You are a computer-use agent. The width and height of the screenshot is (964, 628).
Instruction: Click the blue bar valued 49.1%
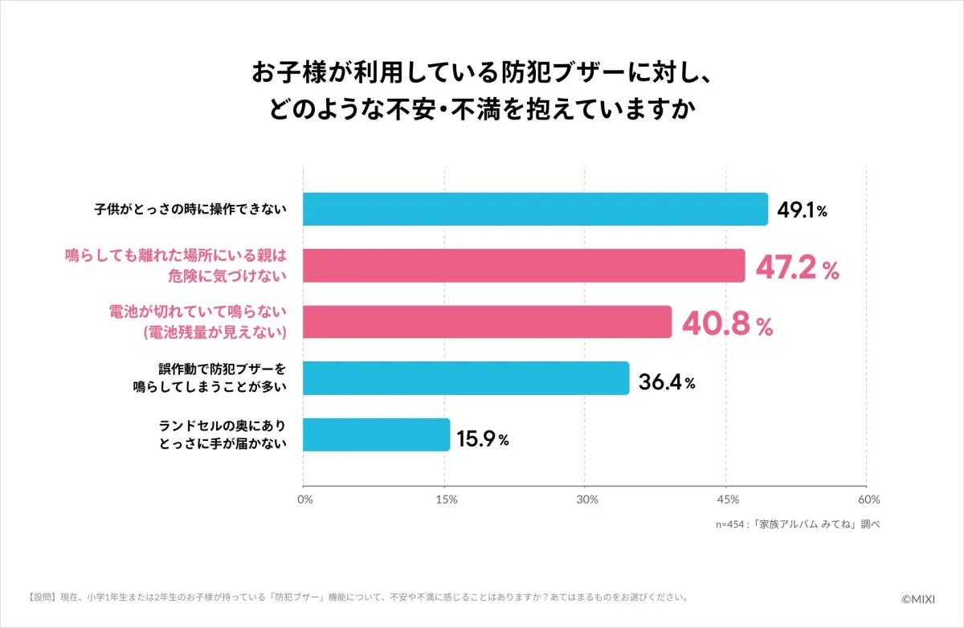point(535,210)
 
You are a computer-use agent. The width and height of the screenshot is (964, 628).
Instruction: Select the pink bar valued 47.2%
point(524,266)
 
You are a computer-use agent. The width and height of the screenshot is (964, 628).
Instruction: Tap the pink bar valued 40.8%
point(487,322)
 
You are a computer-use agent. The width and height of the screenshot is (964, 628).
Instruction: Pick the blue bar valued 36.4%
point(466,378)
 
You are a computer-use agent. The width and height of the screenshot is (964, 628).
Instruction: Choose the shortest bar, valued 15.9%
point(376,434)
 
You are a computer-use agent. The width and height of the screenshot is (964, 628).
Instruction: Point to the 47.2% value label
point(798,268)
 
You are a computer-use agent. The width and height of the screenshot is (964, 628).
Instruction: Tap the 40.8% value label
point(727,324)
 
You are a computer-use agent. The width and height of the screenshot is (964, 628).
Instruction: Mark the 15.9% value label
point(483,439)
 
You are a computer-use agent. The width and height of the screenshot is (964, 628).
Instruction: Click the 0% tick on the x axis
point(305,500)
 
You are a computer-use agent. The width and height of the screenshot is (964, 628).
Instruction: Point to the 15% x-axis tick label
point(447,500)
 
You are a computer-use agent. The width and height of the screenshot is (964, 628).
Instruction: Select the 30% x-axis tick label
point(587,500)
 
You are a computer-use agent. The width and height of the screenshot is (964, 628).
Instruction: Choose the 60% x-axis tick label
point(868,500)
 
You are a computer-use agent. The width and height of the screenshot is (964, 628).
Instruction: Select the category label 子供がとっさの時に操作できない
point(188,210)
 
